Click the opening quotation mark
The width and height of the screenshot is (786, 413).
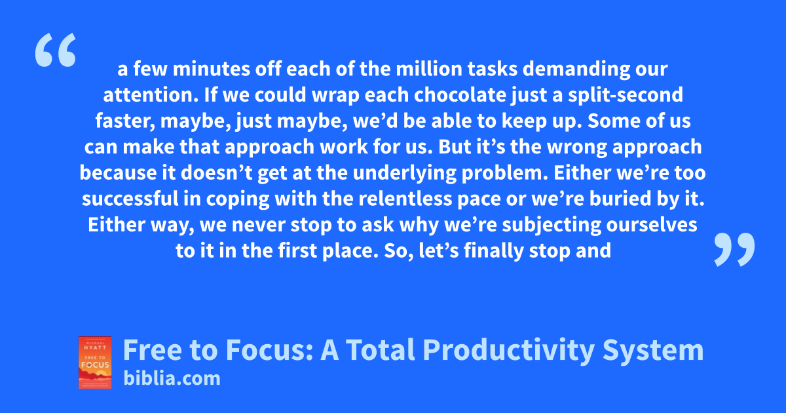tap(56, 50)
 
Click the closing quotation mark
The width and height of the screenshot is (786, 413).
tap(734, 249)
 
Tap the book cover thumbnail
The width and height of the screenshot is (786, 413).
tap(95, 363)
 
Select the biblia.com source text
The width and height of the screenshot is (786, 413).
tap(172, 378)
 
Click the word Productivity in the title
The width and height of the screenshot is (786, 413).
tap(509, 350)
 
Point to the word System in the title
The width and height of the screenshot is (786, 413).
tap(653, 350)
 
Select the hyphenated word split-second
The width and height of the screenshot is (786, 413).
tap(626, 96)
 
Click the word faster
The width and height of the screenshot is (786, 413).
tap(125, 121)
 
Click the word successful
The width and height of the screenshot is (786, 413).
tap(130, 199)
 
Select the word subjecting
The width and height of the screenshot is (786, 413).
tap(552, 226)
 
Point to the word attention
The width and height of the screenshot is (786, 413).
tap(151, 96)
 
